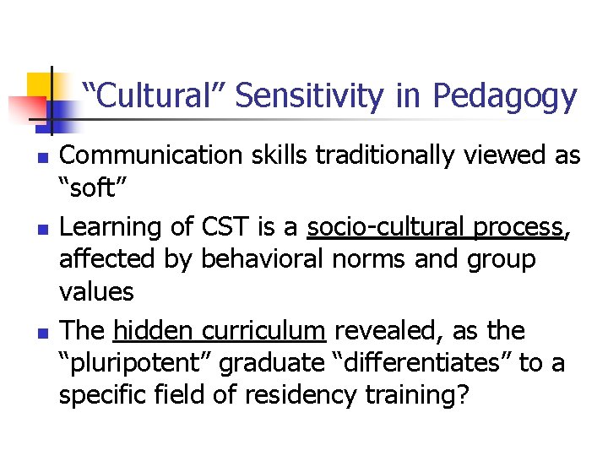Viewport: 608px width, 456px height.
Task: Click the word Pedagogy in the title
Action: click(504, 98)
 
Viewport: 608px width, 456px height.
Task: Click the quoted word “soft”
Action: click(94, 187)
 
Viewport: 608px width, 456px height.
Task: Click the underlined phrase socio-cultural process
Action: click(435, 227)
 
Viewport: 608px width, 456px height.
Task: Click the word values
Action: click(96, 292)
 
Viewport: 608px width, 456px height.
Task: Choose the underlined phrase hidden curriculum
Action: click(220, 330)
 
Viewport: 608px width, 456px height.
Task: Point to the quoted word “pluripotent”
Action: click(138, 362)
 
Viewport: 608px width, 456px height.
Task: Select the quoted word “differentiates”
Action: click(419, 362)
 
